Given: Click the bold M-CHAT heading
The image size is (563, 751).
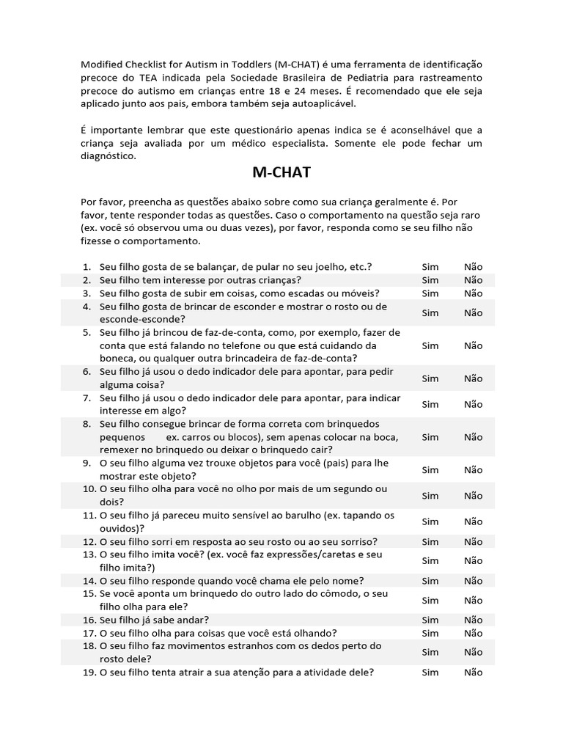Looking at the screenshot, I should pyautogui.click(x=281, y=173).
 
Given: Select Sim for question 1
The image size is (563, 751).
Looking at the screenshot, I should pyautogui.click(x=430, y=267).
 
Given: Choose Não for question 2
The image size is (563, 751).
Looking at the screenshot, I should pyautogui.click(x=474, y=280).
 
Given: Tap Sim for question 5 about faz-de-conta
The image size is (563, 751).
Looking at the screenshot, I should pyautogui.click(x=430, y=345).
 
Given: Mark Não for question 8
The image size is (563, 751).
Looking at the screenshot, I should pyautogui.click(x=474, y=437).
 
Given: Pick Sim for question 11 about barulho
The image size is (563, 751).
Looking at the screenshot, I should pyautogui.click(x=430, y=521).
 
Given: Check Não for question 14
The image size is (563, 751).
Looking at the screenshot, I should pyautogui.click(x=474, y=580).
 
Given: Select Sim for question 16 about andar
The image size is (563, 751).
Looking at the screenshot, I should pyautogui.click(x=430, y=620).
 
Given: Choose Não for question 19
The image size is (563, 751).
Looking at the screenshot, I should pyautogui.click(x=474, y=672).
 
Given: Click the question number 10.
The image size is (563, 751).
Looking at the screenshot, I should pyautogui.click(x=88, y=489).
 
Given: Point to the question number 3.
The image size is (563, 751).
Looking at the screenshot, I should pyautogui.click(x=87, y=293).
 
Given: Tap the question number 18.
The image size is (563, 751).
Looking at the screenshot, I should pyautogui.click(x=88, y=646).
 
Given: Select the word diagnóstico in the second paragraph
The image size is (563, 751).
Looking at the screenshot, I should pyautogui.click(x=108, y=156).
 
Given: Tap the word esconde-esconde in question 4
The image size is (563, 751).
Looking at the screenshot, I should pyautogui.click(x=142, y=320).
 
